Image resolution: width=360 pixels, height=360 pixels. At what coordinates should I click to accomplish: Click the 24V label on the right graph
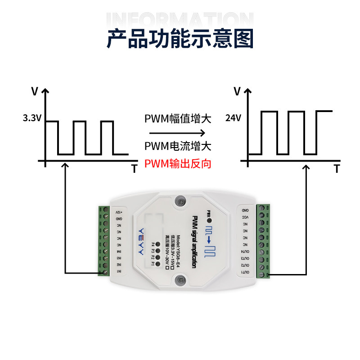(234, 118)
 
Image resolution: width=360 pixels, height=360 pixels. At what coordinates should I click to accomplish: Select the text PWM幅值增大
(178, 119)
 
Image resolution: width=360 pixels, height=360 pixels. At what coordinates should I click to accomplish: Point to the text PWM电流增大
(178, 146)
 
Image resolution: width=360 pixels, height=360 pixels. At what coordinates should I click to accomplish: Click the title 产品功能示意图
(180, 38)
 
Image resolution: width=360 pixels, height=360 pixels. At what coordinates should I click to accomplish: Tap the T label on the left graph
(134, 169)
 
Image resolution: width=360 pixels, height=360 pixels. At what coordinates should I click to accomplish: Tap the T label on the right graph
(337, 169)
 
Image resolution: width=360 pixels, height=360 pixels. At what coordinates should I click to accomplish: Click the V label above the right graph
(237, 91)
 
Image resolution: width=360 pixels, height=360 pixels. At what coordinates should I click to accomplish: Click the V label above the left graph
(35, 91)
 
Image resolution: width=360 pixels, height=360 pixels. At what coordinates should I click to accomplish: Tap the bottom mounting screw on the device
(180, 279)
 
